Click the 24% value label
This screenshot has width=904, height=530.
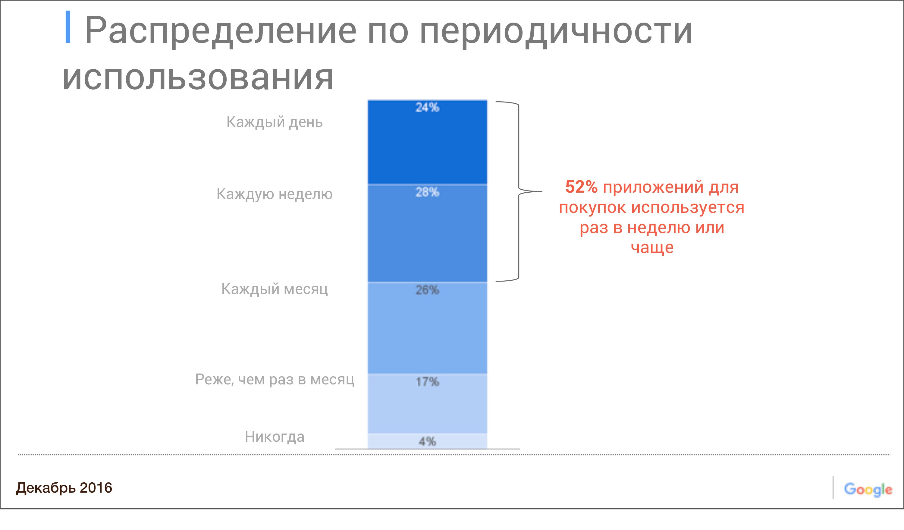(427, 107)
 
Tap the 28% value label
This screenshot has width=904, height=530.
(427, 192)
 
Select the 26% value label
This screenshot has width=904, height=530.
(427, 290)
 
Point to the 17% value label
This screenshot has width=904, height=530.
(427, 381)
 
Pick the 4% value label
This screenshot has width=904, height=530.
(427, 441)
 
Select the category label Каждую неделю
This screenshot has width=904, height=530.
(275, 194)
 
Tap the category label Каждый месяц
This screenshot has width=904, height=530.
(275, 289)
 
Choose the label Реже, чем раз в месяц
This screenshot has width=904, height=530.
(275, 380)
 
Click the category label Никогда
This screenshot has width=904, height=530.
(275, 437)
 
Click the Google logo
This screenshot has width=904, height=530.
(868, 490)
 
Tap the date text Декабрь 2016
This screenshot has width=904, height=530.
(64, 488)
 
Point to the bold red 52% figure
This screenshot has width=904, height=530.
(581, 187)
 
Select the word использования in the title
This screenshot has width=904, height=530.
(198, 77)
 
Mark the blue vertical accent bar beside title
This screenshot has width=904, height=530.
(67, 27)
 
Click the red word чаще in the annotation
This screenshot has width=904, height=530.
(652, 248)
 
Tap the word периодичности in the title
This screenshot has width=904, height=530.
(556, 32)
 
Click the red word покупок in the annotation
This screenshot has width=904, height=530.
(592, 208)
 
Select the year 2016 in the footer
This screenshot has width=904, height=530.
(96, 488)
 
